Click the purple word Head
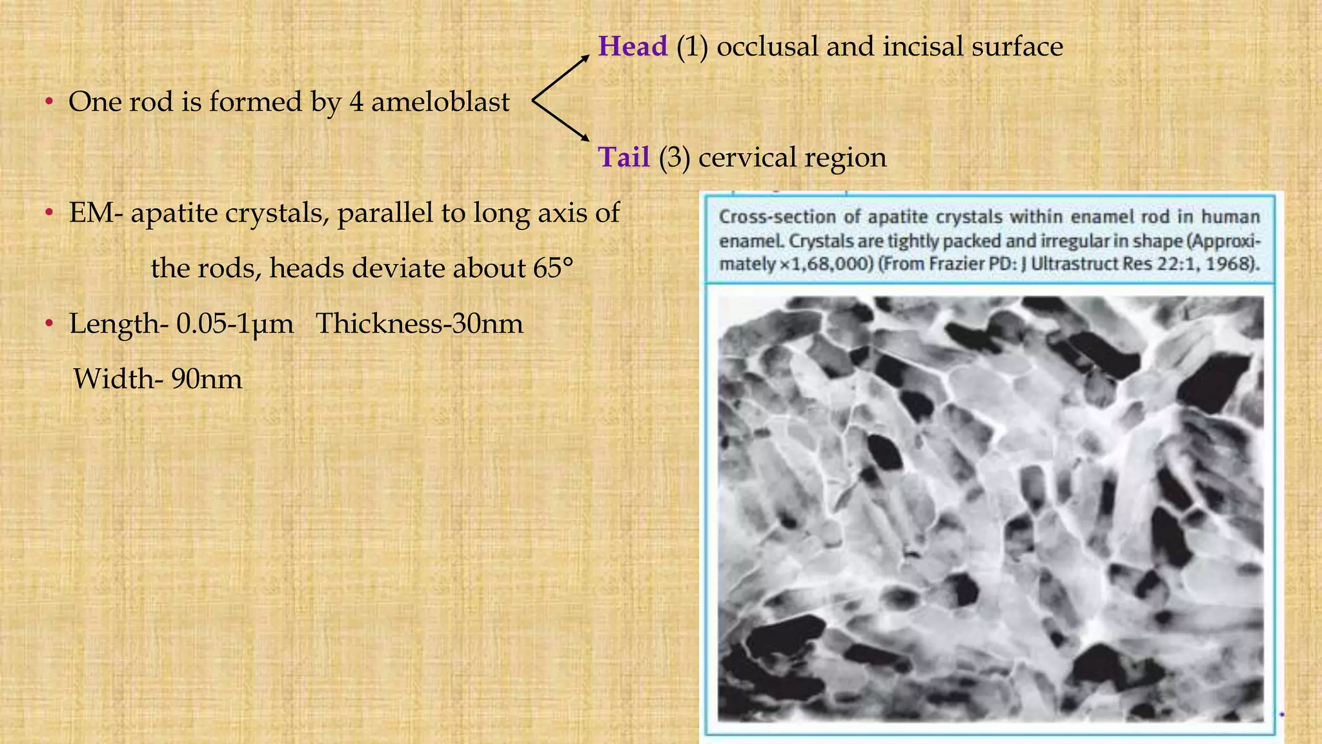click(x=633, y=46)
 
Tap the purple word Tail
click(x=624, y=158)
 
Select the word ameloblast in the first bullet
click(x=440, y=102)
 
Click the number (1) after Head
click(x=692, y=46)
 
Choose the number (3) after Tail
click(x=674, y=158)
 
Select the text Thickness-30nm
click(x=420, y=324)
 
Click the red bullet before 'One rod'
click(x=48, y=102)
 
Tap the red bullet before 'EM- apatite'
click(x=48, y=213)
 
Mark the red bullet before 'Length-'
click(x=48, y=324)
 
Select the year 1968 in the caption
click(x=1236, y=263)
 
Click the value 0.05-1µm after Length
click(x=235, y=324)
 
